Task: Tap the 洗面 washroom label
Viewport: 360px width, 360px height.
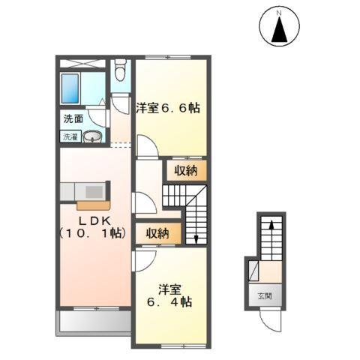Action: coord(73,118)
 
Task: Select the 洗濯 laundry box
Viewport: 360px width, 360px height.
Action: coord(70,136)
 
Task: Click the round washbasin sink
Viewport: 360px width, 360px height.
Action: coord(92,136)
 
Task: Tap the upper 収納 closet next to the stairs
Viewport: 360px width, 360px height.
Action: coord(185,170)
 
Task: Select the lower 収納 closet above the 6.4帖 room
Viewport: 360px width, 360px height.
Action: coord(157,232)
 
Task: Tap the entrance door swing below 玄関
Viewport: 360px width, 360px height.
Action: coord(271,321)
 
